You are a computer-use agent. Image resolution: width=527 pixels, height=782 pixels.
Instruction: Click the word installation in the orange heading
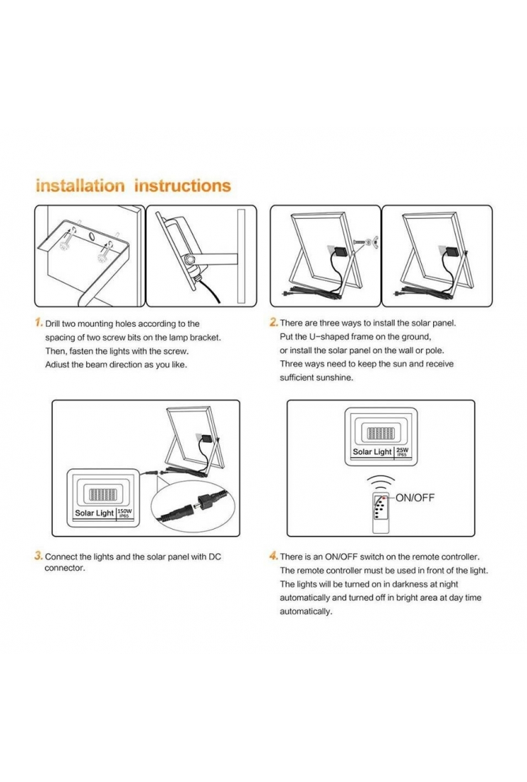click(80, 186)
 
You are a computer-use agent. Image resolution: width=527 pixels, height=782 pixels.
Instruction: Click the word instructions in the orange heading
click(183, 186)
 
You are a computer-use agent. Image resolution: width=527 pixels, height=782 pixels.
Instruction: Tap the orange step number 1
click(39, 323)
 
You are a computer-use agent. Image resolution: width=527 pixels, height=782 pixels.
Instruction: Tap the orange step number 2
click(274, 323)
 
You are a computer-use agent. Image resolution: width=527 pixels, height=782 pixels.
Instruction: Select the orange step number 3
click(39, 556)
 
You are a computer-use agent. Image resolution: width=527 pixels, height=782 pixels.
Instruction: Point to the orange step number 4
click(274, 556)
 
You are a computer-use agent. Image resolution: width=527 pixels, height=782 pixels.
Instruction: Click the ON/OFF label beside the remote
click(415, 498)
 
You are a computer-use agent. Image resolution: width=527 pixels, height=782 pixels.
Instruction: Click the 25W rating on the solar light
click(403, 451)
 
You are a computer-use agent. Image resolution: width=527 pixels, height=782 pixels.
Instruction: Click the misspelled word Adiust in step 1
click(58, 365)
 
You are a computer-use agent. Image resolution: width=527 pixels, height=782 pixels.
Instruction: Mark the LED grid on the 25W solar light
click(381, 432)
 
